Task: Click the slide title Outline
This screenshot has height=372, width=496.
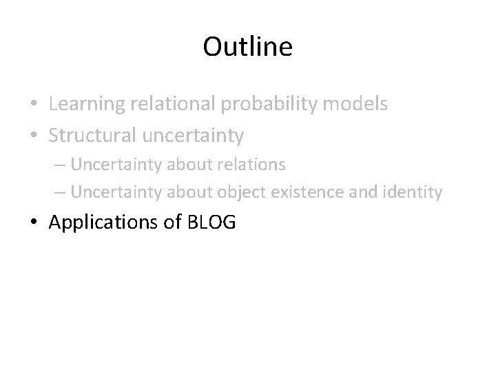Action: pos(248,47)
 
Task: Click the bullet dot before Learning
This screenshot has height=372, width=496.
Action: pos(34,105)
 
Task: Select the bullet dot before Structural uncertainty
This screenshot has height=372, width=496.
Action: pos(34,136)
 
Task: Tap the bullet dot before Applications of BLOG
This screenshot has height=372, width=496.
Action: pos(34,223)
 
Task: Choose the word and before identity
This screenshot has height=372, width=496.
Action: pos(364,192)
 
